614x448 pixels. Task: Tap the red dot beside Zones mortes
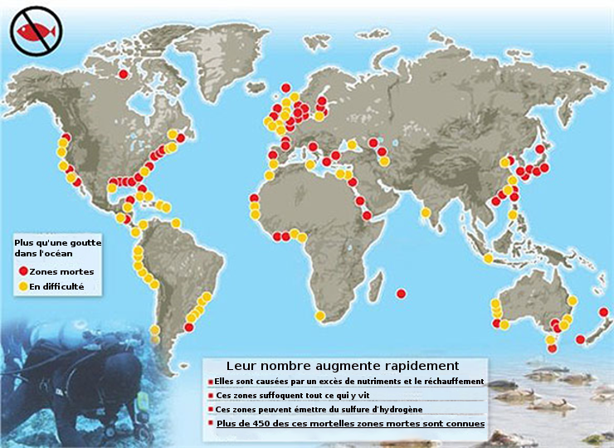tap(22, 271)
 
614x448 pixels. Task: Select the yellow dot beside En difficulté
tap(22, 287)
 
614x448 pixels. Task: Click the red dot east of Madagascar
tap(402, 293)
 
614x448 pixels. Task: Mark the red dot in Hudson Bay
tap(124, 75)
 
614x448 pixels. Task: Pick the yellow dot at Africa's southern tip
tap(321, 315)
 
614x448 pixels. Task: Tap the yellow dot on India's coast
tap(425, 213)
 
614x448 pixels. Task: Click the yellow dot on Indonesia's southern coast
tap(488, 259)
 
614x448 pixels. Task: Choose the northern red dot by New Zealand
tap(603, 313)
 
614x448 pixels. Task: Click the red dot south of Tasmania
tap(549, 349)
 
